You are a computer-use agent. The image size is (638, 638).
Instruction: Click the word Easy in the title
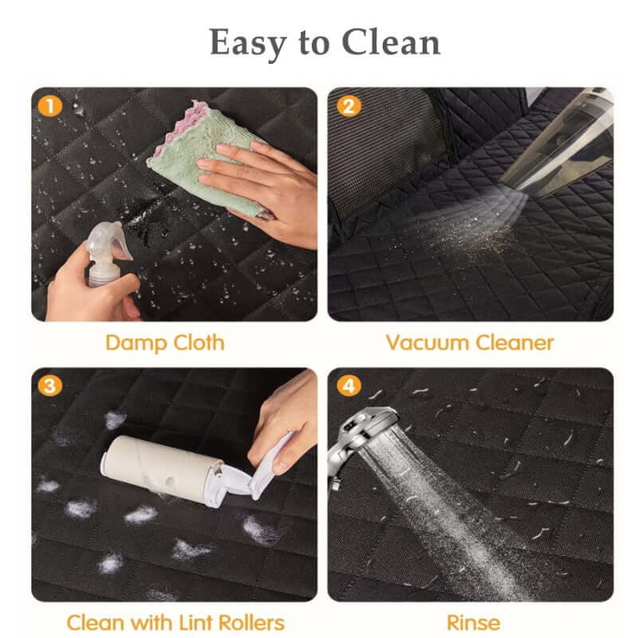[248, 43]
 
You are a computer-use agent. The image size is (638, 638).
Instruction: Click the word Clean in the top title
[391, 42]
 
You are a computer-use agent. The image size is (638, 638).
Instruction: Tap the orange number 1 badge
[50, 106]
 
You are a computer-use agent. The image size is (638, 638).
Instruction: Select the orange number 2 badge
[349, 105]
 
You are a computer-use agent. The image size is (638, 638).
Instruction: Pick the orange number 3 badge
[50, 385]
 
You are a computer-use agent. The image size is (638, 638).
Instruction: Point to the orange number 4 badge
[349, 385]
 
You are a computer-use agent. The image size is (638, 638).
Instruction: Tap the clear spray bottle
[105, 254]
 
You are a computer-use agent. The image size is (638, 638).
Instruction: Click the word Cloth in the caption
[199, 342]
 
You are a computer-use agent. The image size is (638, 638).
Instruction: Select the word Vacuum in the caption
[427, 343]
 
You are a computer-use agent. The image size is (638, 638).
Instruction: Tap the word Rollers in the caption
[251, 623]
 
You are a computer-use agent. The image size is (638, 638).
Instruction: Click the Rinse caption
[473, 623]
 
